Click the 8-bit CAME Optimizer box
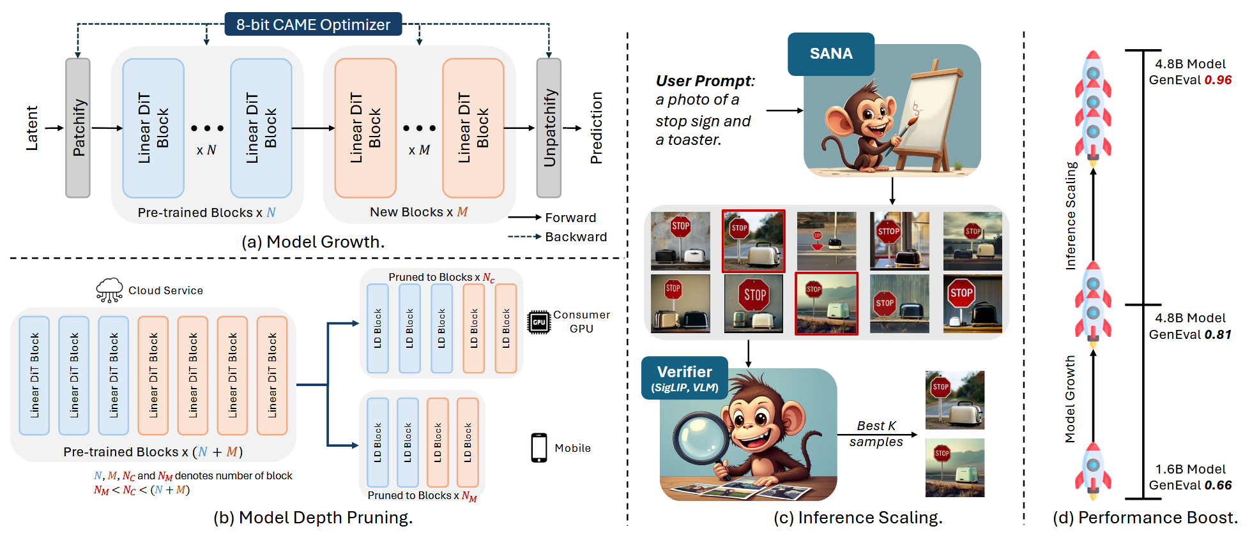tap(313, 24)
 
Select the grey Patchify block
tap(78, 128)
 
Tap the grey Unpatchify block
tap(549, 128)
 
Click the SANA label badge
tap(830, 54)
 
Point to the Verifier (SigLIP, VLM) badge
tap(685, 378)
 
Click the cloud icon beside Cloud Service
tap(109, 290)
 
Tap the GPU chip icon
tap(538, 322)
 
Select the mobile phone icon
tap(539, 447)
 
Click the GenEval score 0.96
tap(1218, 80)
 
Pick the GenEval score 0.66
tap(1218, 486)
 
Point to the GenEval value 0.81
tap(1218, 335)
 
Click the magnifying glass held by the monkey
tap(700, 440)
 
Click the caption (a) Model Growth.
tap(313, 242)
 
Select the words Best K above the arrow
tap(876, 426)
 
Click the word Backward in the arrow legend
tap(576, 237)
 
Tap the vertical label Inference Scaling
tap(1071, 216)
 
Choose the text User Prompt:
tap(705, 81)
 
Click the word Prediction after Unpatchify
tap(597, 128)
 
